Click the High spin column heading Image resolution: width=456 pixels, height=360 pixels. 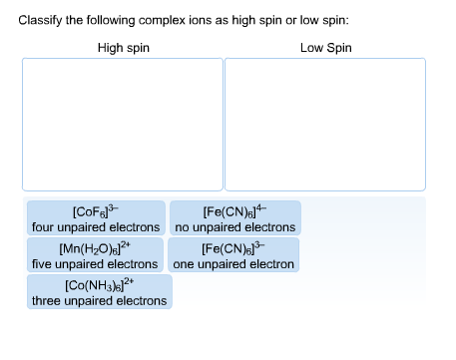(124, 47)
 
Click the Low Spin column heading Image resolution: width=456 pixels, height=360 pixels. (325, 47)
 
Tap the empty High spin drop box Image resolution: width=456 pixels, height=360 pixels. (123, 124)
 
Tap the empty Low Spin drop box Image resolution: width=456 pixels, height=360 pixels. (325, 124)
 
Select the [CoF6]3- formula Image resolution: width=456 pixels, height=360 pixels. (96, 212)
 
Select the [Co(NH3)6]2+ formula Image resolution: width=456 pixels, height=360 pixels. (99, 286)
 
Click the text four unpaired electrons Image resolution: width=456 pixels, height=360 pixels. (96, 227)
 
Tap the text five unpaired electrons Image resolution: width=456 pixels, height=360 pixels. (96, 264)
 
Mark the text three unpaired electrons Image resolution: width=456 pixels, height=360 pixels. (99, 301)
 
